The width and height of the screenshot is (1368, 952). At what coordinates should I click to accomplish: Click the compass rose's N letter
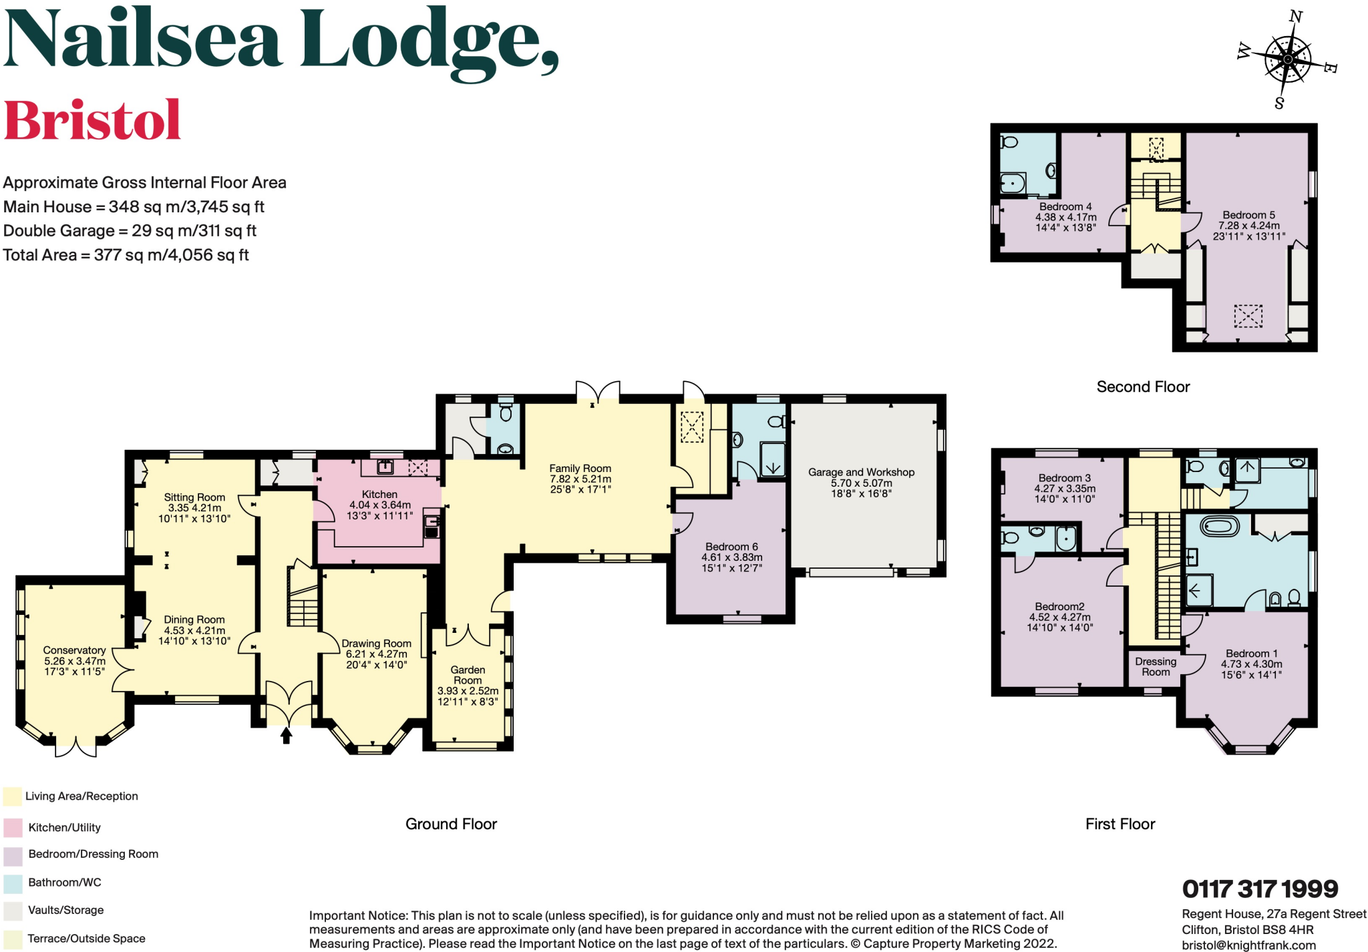coord(1295,17)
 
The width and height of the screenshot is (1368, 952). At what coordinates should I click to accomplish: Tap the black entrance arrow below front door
coord(286,736)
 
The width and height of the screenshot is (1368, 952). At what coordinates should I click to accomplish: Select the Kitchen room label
coord(379,495)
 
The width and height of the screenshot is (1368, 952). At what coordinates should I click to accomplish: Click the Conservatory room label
coord(74,650)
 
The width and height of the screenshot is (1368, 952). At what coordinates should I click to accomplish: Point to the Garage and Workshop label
coord(861,472)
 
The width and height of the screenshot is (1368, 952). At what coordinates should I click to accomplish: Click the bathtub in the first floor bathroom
coord(1220,527)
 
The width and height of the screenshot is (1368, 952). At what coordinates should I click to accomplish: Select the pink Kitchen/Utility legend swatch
coord(13,828)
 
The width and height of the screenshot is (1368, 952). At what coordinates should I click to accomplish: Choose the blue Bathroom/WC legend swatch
coord(13,883)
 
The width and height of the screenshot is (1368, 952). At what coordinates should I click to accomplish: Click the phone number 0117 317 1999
coord(1260,889)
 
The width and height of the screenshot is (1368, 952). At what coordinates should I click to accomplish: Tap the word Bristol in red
coord(92,121)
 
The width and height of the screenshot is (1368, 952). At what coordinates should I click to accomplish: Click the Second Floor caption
coord(1143,387)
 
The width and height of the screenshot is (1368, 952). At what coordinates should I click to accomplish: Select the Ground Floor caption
coord(451,824)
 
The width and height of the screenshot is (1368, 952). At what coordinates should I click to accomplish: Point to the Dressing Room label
coord(1156,667)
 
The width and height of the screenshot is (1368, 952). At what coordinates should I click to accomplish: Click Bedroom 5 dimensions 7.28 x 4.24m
coord(1248,226)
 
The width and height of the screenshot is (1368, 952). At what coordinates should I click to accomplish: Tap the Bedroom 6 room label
coord(731,547)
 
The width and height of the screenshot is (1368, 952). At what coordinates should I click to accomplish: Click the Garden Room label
coord(468,675)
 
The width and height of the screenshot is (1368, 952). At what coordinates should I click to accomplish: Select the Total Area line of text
coord(126,255)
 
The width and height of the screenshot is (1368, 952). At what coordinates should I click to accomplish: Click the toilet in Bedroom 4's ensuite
coord(1009,142)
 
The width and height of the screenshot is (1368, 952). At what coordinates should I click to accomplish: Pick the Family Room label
coord(580,469)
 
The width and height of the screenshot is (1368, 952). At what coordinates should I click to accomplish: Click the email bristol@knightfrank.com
coord(1248,945)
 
